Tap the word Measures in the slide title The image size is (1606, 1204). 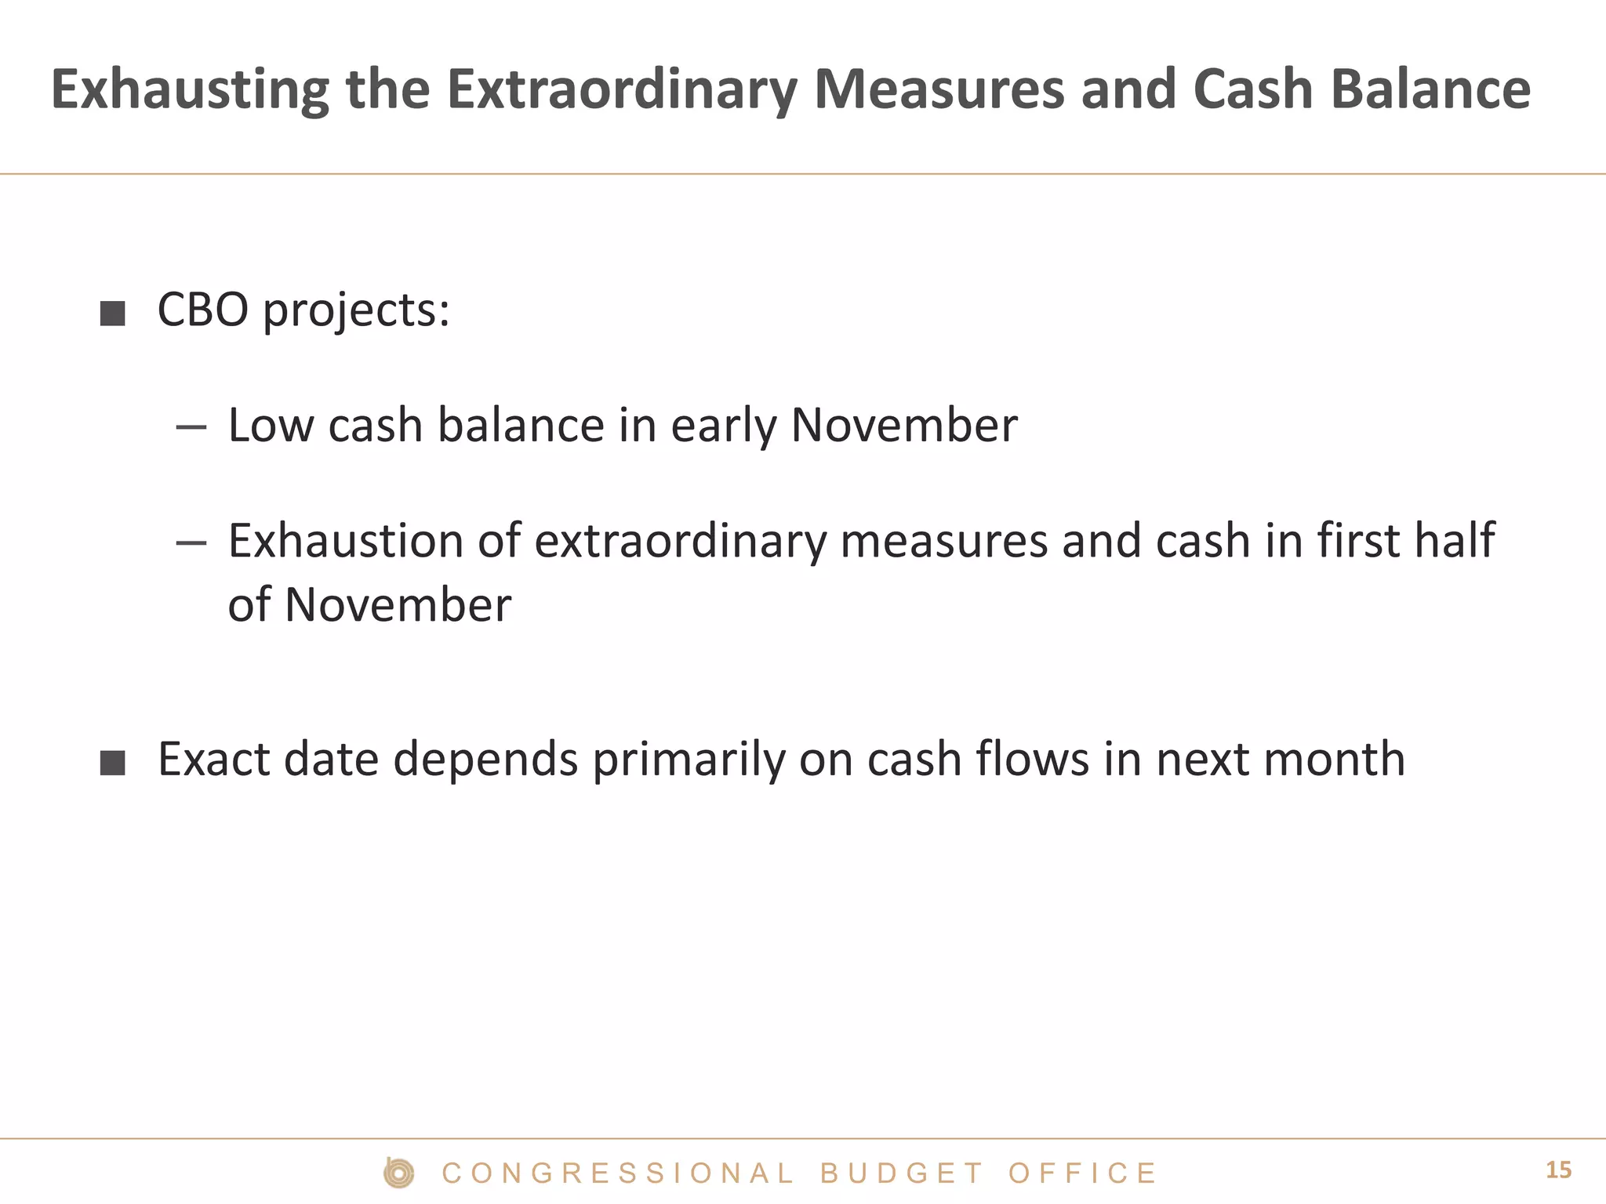939,89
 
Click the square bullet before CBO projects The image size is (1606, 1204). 113,314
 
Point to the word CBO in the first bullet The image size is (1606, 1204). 202,310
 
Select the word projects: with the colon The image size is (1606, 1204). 356,312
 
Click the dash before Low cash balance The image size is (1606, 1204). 191,427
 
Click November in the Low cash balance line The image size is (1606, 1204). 903,426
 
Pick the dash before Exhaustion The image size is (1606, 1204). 191,542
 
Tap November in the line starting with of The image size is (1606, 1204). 398,605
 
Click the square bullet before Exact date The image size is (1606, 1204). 113,762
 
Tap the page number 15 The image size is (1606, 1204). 1558,1170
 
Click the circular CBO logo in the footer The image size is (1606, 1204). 399,1173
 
